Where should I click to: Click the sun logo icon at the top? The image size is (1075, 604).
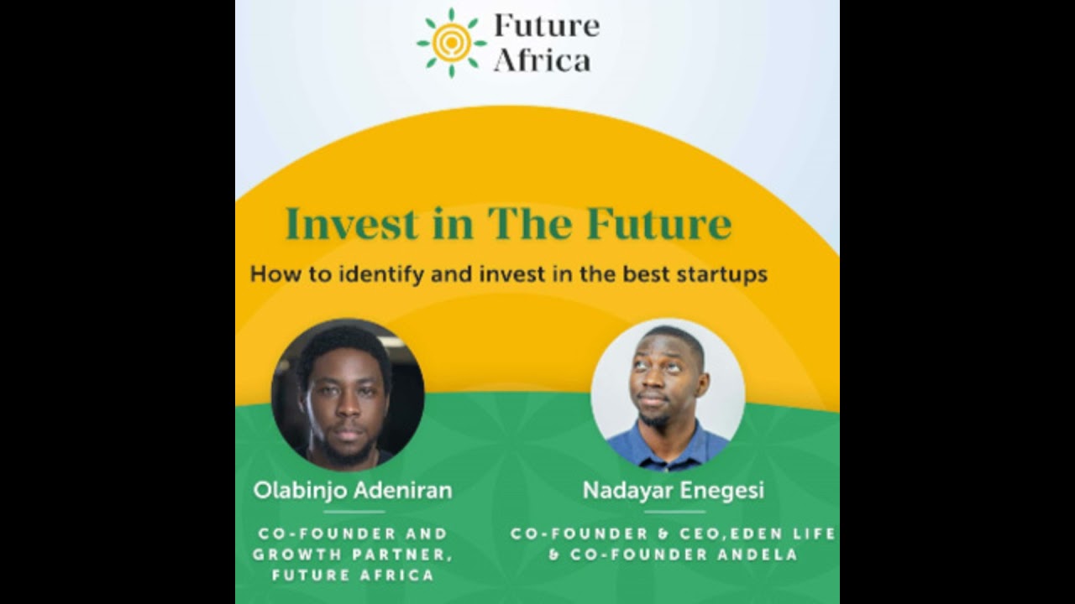(451, 42)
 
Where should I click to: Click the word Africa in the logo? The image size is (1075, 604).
(542, 60)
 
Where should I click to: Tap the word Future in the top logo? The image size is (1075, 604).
(547, 26)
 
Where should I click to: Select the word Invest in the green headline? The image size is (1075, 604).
(351, 224)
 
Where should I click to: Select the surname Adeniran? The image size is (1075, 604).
(404, 491)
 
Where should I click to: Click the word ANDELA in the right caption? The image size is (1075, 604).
(759, 555)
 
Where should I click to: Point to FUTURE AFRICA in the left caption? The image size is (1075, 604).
(353, 575)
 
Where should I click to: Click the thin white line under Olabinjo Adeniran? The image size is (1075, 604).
(354, 511)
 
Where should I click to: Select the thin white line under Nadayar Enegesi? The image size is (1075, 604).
(674, 511)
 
